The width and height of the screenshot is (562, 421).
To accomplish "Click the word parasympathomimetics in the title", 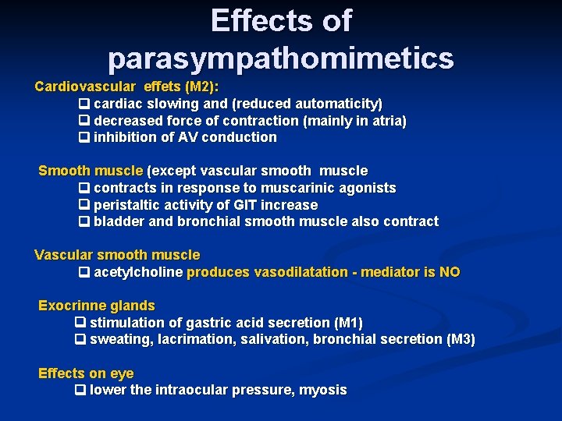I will (281, 58).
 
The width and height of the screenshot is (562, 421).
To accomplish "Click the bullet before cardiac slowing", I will (84, 104).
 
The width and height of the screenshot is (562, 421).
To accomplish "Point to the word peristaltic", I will (125, 205).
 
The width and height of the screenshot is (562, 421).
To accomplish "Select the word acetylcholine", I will (138, 272).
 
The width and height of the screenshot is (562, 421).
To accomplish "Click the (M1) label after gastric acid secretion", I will (348, 323).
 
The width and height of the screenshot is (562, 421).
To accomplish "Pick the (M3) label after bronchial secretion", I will (459, 339).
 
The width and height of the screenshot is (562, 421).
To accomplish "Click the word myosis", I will (324, 390).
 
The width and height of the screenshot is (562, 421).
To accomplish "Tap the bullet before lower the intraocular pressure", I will (80, 390).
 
